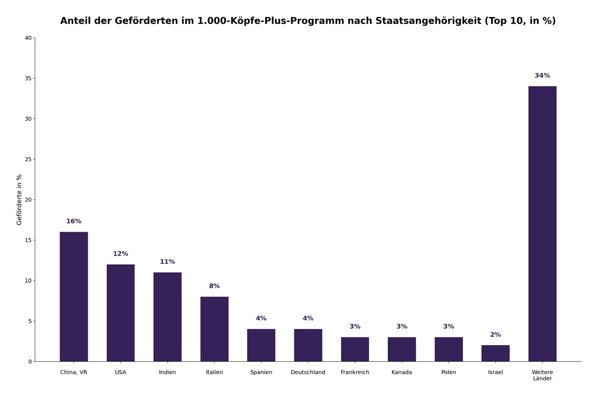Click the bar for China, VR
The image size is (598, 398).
(x=74, y=296)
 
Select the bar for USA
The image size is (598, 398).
(x=120, y=313)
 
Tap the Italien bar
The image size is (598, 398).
(x=214, y=329)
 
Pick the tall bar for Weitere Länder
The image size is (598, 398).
(x=542, y=224)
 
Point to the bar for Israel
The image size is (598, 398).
(x=495, y=353)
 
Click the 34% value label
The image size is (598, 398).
(x=542, y=76)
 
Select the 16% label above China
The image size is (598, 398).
(x=74, y=221)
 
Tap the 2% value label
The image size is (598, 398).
(x=495, y=335)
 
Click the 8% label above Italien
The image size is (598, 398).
(x=214, y=286)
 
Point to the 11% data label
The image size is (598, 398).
(x=167, y=262)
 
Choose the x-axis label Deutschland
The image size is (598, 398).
(x=308, y=373)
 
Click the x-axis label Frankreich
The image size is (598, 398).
(x=355, y=373)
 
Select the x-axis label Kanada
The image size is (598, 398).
(x=402, y=373)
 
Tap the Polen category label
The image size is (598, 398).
(x=448, y=373)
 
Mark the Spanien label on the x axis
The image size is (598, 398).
(x=261, y=373)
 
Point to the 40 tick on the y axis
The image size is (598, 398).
(x=28, y=38)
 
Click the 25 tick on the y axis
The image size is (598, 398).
(x=28, y=159)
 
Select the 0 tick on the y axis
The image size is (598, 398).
(x=30, y=362)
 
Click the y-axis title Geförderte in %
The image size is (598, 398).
(x=20, y=200)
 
